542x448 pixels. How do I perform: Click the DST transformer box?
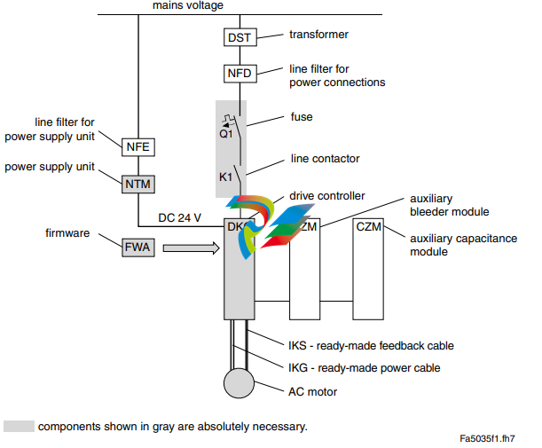pyautogui.click(x=240, y=37)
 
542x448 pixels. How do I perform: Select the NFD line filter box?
pyautogui.click(x=240, y=74)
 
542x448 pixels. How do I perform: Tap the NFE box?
pyautogui.click(x=137, y=148)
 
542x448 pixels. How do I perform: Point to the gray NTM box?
pyautogui.click(x=137, y=183)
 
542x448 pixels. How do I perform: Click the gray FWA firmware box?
pyautogui.click(x=137, y=248)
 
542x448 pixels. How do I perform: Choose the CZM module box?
pyautogui.click(x=368, y=227)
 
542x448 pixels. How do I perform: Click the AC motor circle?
pyautogui.click(x=238, y=383)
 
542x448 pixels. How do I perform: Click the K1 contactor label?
pyautogui.click(x=226, y=178)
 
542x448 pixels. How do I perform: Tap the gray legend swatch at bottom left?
pyautogui.click(x=18, y=427)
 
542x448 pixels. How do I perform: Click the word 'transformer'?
pyautogui.click(x=319, y=35)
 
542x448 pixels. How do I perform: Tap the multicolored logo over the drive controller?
pyautogui.click(x=266, y=222)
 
